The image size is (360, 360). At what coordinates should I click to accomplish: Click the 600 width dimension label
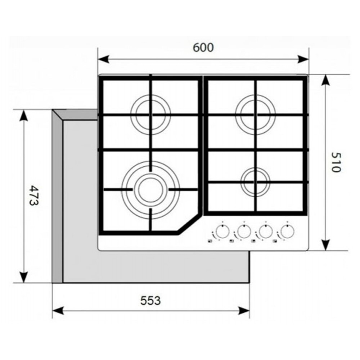point(203,48)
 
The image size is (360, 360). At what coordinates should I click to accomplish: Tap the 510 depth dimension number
point(336,162)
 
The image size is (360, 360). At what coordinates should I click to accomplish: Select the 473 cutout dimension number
point(35,195)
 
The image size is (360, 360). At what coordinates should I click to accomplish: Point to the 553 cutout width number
point(150,301)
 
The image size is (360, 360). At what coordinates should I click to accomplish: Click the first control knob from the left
point(222,232)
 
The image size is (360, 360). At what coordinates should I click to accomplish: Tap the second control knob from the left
point(244,232)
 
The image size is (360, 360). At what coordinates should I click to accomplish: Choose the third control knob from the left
point(266,232)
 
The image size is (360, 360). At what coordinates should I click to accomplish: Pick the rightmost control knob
point(287,232)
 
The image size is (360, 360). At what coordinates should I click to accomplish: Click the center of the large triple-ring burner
point(150,190)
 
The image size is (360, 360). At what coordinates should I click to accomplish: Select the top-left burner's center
point(150,114)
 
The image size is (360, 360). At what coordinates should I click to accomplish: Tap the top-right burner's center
point(255,114)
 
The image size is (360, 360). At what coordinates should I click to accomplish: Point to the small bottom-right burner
point(255,182)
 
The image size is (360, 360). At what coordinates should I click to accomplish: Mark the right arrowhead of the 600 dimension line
point(303,59)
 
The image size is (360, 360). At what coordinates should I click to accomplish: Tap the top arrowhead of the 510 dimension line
point(325,80)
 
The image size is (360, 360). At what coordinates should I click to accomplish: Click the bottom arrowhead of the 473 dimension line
point(24,278)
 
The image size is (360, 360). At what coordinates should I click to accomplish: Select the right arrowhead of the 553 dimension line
point(244,311)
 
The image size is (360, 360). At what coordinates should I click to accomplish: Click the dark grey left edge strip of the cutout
point(57,196)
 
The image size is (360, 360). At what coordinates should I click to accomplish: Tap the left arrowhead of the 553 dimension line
point(58,311)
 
